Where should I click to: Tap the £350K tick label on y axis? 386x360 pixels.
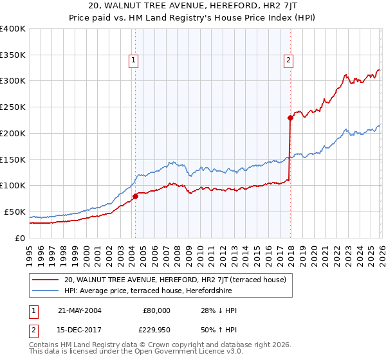pyautogui.click(x=13, y=55)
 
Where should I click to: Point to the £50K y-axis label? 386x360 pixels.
pyautogui.click(x=15, y=212)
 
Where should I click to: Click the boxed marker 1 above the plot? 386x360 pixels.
pyautogui.click(x=133, y=61)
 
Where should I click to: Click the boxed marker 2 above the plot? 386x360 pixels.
pyautogui.click(x=288, y=61)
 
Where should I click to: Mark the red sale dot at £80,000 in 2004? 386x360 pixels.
pyautogui.click(x=135, y=196)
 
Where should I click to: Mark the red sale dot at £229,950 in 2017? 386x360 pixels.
pyautogui.click(x=290, y=118)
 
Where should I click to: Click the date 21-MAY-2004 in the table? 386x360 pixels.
pyautogui.click(x=80, y=310)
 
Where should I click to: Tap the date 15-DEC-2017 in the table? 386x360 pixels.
pyautogui.click(x=80, y=330)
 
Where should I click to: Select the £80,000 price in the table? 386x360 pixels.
pyautogui.click(x=156, y=310)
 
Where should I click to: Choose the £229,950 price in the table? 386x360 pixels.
pyautogui.click(x=154, y=330)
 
